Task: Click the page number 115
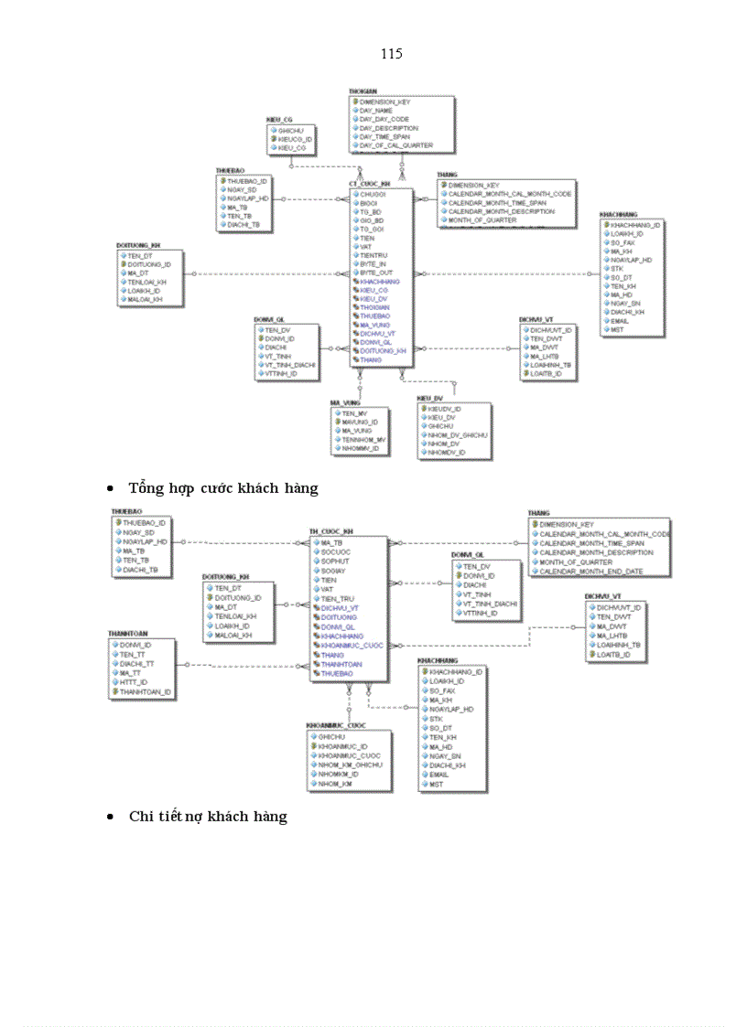391,53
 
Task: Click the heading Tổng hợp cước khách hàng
223,488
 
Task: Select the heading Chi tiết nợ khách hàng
208,816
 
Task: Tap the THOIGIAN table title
363,91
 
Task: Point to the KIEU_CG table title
279,120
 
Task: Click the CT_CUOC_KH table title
370,184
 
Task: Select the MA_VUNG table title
345,402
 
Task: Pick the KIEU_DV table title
430,399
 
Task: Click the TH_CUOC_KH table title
330,531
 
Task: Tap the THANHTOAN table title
128,633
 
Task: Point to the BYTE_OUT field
376,273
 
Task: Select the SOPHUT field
336,561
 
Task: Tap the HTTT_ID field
134,681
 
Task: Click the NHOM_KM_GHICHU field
351,765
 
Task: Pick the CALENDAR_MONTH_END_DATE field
590,572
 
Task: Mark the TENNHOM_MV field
364,440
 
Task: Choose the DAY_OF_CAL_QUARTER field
396,145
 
